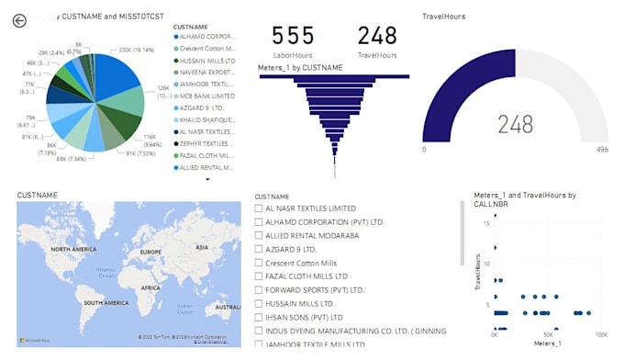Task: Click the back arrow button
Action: point(19,20)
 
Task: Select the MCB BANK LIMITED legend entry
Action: point(207,96)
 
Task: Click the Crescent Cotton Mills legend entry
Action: point(207,48)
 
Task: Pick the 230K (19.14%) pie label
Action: point(138,50)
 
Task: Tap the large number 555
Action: point(293,36)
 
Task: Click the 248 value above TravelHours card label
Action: point(377,36)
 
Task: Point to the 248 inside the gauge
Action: point(515,124)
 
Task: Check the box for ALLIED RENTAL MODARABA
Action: point(259,236)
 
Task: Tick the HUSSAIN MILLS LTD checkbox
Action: point(259,303)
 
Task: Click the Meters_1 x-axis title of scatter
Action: point(547,344)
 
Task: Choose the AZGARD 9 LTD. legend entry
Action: point(207,107)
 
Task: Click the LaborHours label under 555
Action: point(293,56)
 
